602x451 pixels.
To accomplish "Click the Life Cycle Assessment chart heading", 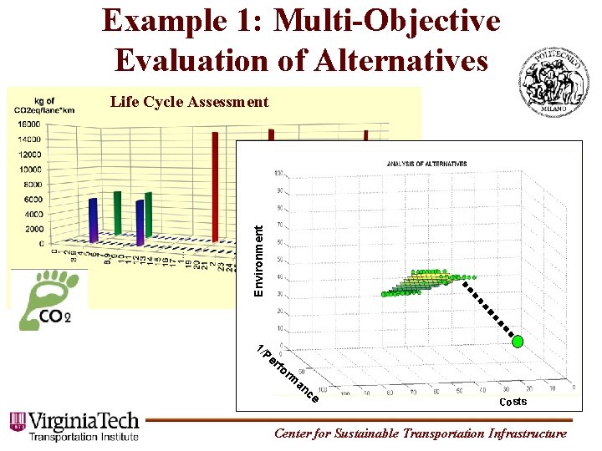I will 190,102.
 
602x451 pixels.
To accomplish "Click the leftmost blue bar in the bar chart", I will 93,221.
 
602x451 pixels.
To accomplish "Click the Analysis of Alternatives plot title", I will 426,165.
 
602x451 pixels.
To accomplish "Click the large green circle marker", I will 518,341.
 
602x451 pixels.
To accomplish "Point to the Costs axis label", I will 513,403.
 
